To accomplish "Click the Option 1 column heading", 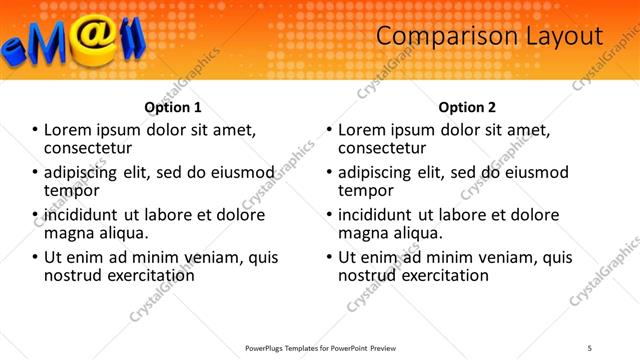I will point(173,107).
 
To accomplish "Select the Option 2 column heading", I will point(467,107).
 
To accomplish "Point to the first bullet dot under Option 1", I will point(36,131).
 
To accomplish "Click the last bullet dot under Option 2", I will point(330,257).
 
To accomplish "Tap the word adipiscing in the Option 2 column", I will point(381,173).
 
